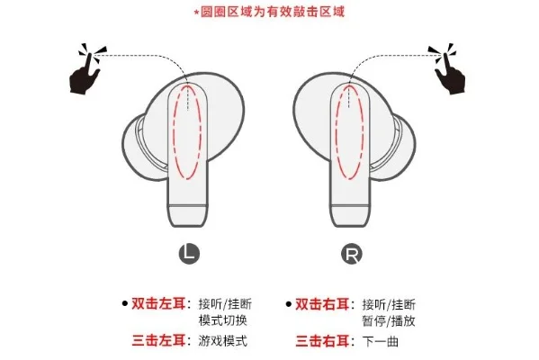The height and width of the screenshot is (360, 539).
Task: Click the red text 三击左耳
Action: pos(162,341)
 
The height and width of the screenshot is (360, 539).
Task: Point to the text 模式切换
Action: pos(222,320)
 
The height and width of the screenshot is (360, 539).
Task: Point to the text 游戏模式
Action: pos(222,341)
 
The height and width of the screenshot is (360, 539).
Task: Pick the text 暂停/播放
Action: pos(389,320)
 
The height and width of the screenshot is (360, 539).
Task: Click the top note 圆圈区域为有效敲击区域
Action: pos(270,12)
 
